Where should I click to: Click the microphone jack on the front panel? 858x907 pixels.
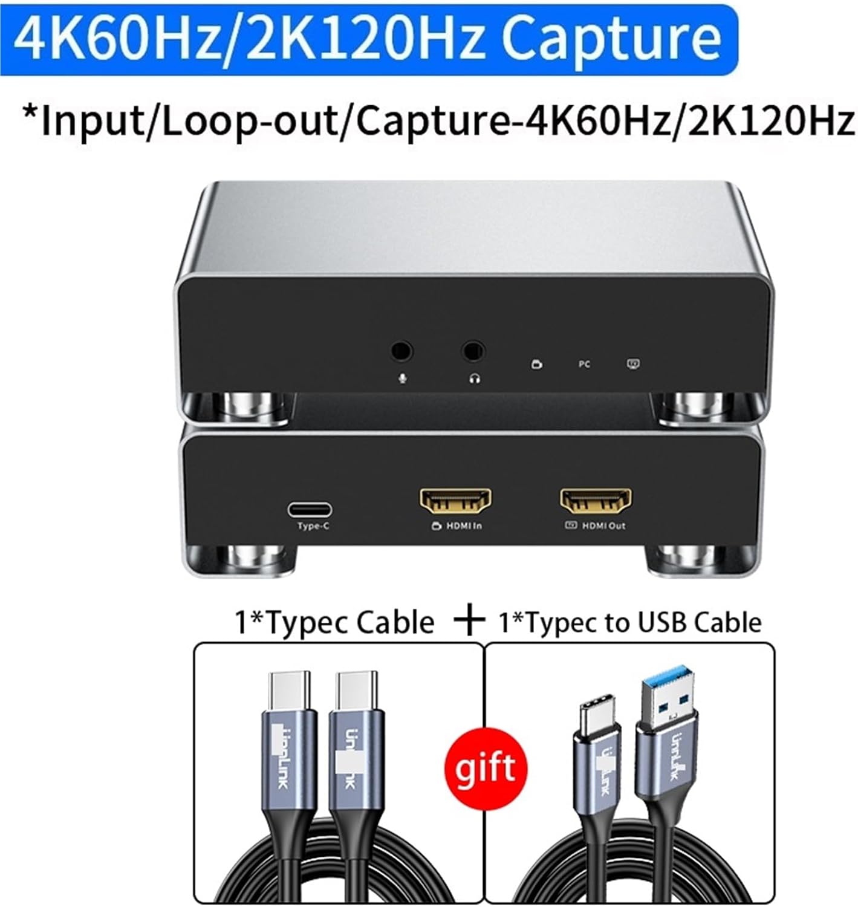(x=401, y=351)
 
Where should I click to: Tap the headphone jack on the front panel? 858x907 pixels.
(x=473, y=351)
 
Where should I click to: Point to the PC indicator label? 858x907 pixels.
(x=584, y=364)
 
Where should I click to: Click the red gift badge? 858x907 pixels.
(x=486, y=768)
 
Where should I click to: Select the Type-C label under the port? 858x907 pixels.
(x=313, y=526)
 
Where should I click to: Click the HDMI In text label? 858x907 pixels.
(x=464, y=526)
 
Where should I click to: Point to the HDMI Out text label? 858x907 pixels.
(x=603, y=526)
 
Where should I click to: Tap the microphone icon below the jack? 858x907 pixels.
(x=402, y=378)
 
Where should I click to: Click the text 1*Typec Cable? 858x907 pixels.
(x=334, y=622)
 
